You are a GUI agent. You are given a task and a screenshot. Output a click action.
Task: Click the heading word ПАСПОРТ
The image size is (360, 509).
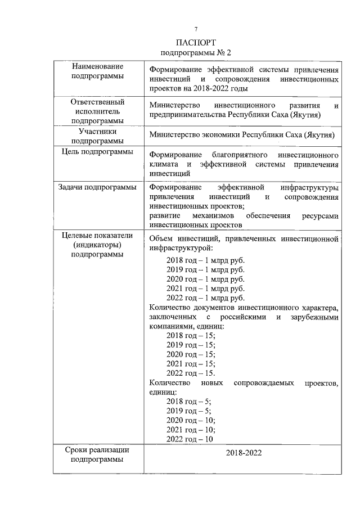[x=196, y=43]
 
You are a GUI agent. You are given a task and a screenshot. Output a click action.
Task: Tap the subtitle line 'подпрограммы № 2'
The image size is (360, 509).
[x=196, y=53]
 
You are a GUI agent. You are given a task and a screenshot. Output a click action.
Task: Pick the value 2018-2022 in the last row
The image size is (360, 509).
[x=244, y=453]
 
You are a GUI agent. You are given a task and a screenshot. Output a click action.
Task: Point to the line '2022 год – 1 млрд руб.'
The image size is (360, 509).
[x=205, y=298]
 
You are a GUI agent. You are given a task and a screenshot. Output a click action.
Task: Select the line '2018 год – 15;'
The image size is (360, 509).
[x=191, y=335]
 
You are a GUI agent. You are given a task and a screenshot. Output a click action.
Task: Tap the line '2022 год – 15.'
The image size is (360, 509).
[x=191, y=373]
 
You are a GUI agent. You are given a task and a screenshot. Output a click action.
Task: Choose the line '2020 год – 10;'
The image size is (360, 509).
[x=191, y=420]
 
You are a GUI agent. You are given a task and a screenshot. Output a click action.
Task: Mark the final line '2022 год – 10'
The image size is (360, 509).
[x=190, y=439]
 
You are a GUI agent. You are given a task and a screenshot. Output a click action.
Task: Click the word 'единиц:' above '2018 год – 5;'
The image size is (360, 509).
[x=163, y=392]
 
